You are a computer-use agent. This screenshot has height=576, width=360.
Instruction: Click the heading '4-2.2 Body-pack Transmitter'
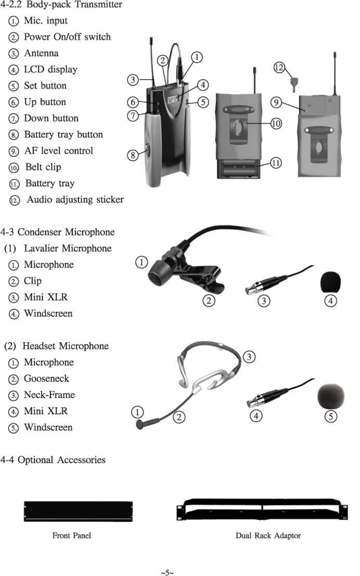pos(61,5)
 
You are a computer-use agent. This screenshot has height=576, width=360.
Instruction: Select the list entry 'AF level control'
pos(58,151)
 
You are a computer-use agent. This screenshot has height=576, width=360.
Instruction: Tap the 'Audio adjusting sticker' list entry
pos(75,200)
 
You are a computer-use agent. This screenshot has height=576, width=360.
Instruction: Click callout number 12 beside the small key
pos(279,67)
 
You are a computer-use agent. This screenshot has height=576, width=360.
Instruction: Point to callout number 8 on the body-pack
pos(133,155)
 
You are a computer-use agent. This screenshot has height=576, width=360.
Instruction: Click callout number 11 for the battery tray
pos(276,163)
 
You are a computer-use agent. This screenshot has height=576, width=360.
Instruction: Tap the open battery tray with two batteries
pos(238,168)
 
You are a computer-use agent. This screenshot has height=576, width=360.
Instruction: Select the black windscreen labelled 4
pos(330,282)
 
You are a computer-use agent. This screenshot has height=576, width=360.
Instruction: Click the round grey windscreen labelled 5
pos(331,396)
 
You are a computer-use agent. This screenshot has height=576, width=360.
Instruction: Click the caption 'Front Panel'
pos(71,535)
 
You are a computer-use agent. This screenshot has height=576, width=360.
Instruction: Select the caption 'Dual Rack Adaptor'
pos(268,535)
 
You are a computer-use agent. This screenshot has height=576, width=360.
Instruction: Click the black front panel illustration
pos(78,511)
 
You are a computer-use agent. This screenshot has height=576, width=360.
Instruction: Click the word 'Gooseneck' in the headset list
pos(46,379)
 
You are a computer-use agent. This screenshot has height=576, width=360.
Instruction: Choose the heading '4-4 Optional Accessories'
pos(53,460)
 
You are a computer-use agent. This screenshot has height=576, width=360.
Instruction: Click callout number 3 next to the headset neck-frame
pos(249,356)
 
